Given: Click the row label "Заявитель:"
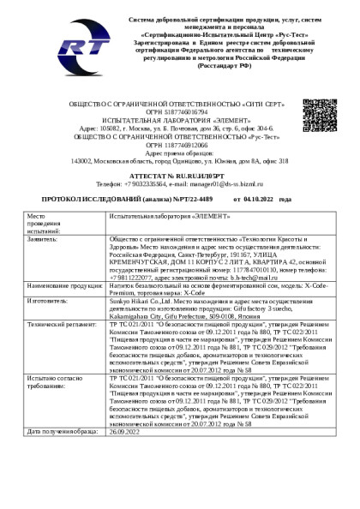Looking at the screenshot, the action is [44, 241].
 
